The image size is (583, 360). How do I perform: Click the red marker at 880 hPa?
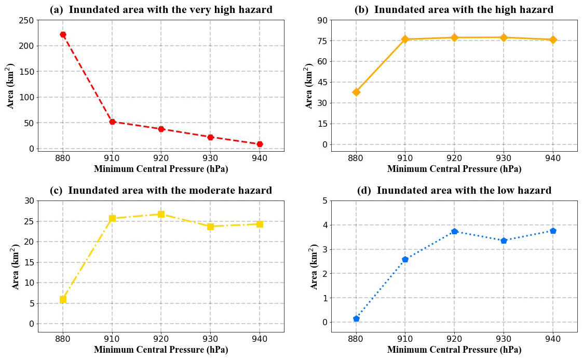63,35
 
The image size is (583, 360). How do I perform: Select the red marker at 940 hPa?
260,144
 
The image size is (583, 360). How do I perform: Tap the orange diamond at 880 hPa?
356,92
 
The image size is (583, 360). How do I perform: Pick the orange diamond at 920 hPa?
454,37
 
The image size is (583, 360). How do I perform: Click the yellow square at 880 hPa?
63,299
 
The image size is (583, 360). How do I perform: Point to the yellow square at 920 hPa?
161,214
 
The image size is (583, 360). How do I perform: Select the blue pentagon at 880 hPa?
356,318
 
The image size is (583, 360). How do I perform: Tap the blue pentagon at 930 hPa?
504,241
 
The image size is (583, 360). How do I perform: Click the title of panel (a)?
161,9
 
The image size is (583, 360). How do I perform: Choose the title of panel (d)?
454,191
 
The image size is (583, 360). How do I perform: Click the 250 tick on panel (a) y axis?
28,20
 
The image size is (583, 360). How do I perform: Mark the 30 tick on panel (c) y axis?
30,201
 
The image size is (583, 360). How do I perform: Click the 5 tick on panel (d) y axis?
324,201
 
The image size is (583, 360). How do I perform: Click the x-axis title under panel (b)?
454,169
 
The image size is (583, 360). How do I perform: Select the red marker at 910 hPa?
112,122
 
